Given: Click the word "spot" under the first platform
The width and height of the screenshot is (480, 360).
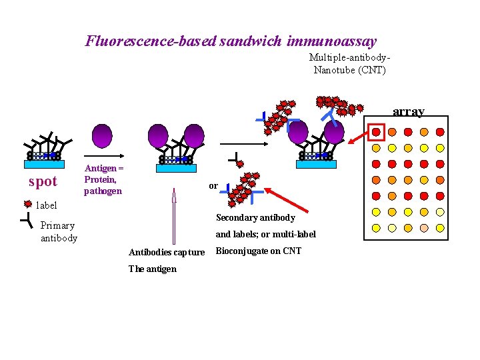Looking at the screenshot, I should (x=43, y=181).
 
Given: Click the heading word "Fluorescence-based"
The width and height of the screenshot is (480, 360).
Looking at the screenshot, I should (x=150, y=41).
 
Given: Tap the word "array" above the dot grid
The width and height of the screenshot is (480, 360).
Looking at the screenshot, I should (x=408, y=111).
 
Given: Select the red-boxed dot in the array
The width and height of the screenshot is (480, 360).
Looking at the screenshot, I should (x=376, y=131).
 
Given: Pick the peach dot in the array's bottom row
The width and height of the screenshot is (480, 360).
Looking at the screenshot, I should (x=424, y=228).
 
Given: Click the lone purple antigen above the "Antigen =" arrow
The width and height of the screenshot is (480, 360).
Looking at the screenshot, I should (x=102, y=136).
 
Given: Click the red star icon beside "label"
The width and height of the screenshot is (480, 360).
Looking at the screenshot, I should (x=27, y=205).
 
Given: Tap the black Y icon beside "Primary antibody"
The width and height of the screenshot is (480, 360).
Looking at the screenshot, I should (x=25, y=220).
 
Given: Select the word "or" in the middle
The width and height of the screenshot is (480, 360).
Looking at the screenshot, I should (x=213, y=185).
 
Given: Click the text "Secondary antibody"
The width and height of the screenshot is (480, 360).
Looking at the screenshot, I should (x=255, y=218).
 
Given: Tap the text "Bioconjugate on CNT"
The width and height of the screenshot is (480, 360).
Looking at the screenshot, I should (x=258, y=251).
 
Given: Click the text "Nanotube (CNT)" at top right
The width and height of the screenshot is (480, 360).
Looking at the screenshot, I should (x=349, y=69).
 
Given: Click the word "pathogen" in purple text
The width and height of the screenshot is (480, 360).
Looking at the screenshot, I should (x=103, y=191).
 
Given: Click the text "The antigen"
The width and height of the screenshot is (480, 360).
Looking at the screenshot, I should (x=153, y=269).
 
